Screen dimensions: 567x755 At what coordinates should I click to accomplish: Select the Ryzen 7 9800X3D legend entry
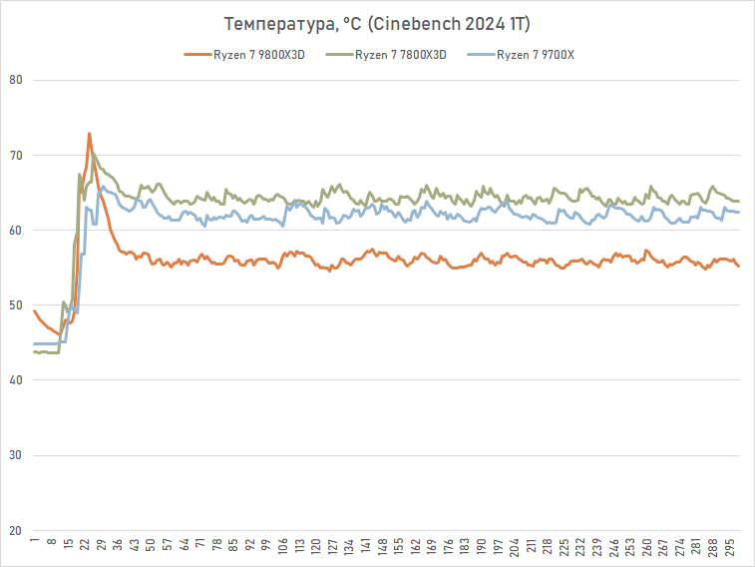pos(257,54)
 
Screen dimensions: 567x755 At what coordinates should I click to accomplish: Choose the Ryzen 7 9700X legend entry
pos(535,54)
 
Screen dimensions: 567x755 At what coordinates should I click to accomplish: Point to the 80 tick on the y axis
pos(16,80)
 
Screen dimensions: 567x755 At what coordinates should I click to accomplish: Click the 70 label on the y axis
pos(16,155)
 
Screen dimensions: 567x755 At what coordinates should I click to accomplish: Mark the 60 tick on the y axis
pos(16,231)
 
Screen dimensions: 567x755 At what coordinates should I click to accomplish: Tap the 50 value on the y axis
pos(16,305)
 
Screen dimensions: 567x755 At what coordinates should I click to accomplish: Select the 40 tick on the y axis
pos(16,380)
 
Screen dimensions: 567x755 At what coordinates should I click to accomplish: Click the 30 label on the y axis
pos(16,455)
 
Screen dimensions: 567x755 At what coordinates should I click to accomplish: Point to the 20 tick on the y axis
pos(16,530)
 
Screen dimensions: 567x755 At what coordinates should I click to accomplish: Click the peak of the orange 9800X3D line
pos(89,133)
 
